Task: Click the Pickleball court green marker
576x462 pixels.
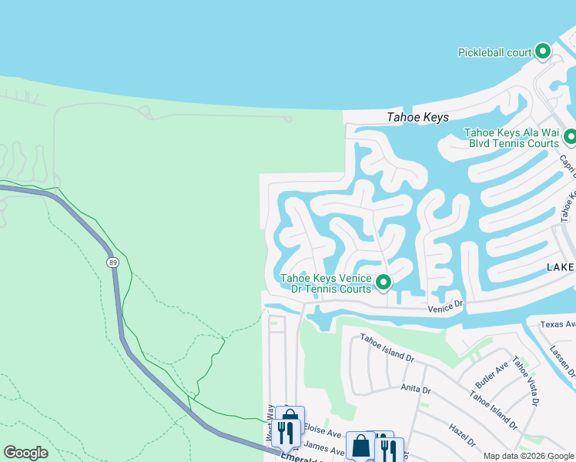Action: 543,52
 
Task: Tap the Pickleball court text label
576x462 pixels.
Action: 495,52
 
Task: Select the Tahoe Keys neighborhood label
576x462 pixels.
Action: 417,117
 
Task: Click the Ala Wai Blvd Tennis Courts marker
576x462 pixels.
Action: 570,137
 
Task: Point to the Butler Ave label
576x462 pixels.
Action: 491,372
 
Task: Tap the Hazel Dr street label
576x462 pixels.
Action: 464,436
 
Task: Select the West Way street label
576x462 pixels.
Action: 270,423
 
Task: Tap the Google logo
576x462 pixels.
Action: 25,453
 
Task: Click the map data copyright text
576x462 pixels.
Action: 528,456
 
